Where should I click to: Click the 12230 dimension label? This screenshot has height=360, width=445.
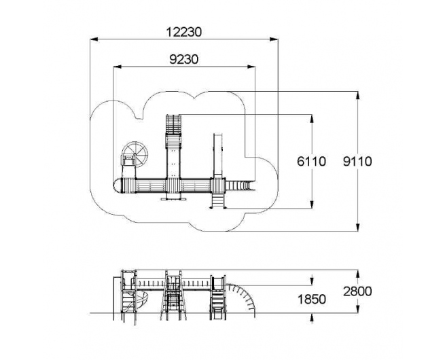tap(184, 32)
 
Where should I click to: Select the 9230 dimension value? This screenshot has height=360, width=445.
tap(184, 60)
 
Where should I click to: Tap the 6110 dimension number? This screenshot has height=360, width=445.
tap(311, 162)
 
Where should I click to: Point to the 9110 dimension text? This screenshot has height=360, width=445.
tap(357, 162)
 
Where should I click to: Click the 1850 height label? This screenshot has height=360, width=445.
tap(312, 300)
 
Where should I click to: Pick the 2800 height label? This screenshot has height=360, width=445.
tap(357, 291)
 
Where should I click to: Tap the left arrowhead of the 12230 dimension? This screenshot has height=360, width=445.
tap(94, 39)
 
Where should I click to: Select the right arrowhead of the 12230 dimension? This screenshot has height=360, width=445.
tap(274, 39)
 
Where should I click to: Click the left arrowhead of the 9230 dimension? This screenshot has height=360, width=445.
tap(118, 67)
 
